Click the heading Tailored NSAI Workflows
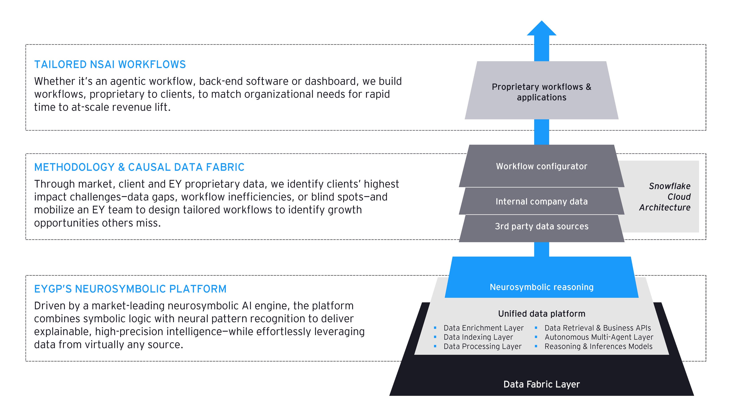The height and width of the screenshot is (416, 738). coord(110,65)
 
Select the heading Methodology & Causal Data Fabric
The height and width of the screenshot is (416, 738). coord(139,167)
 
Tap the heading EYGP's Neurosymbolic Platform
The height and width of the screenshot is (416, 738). coord(130,289)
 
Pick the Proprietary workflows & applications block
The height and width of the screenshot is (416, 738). coord(541,92)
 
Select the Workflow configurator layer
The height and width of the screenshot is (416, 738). coord(541,166)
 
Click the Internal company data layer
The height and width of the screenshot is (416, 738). coord(541,201)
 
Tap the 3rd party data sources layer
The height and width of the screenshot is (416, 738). coord(541,226)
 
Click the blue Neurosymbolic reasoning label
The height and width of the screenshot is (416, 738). coord(541,287)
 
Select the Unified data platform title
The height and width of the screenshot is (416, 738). coord(541,314)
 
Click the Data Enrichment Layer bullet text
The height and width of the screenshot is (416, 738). coord(483,328)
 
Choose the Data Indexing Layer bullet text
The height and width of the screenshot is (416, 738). coord(478,337)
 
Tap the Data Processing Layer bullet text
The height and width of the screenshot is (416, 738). coord(482,346)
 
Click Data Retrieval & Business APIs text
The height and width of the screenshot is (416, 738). coord(598,328)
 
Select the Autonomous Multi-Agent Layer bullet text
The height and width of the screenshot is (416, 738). coord(599,337)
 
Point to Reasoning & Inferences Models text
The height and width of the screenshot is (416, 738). coord(598,346)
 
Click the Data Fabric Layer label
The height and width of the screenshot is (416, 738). coord(541,384)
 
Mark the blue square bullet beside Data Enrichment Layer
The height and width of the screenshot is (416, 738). coord(435,328)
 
